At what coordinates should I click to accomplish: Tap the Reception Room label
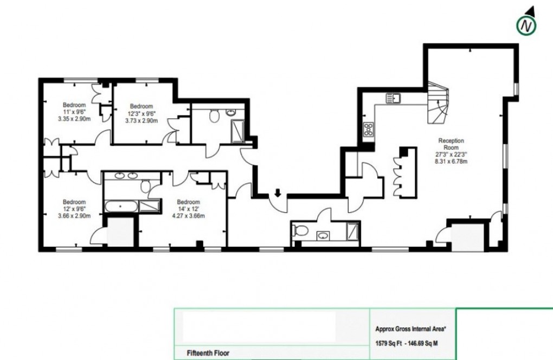(x=452, y=143)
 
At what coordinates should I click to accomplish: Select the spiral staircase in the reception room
(x=436, y=103)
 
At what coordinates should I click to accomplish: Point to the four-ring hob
(x=368, y=129)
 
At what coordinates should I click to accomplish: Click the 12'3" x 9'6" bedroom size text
(x=142, y=113)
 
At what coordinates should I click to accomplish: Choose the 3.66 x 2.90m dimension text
(x=74, y=215)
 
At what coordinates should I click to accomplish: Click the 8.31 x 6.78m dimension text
(x=452, y=161)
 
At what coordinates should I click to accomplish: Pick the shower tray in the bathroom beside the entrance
(x=352, y=230)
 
